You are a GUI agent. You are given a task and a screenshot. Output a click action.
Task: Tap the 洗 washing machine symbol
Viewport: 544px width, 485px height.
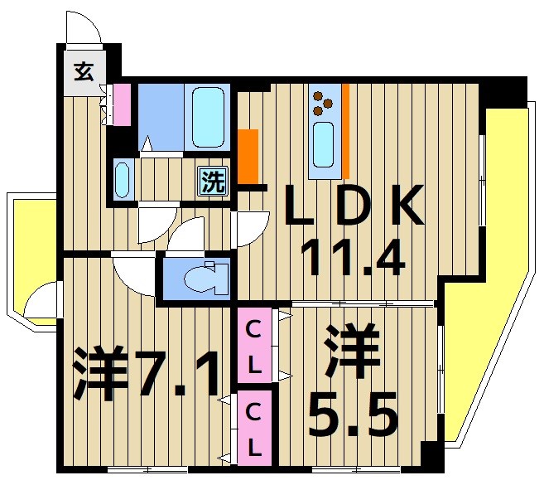213,182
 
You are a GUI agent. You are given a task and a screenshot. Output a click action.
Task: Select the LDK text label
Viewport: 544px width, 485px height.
354,206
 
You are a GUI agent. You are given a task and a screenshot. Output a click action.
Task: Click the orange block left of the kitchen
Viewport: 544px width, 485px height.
248,157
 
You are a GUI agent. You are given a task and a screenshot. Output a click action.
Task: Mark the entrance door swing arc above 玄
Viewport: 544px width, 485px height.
83,29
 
